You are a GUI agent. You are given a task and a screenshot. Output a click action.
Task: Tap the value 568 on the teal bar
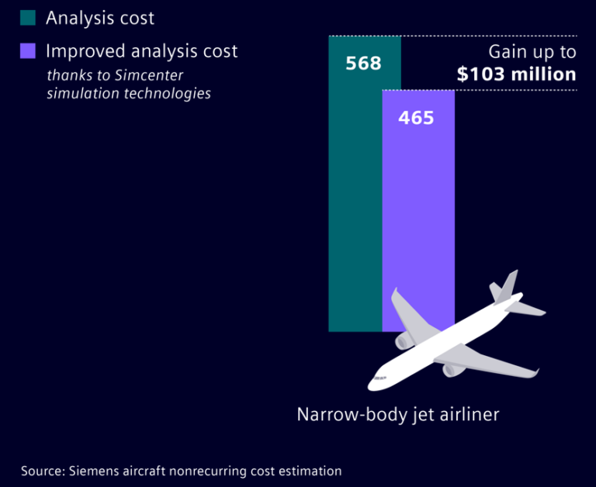[x=363, y=63]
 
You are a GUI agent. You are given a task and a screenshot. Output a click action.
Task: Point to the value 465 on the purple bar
[x=416, y=118]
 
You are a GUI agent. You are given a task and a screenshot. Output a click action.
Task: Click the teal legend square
[x=28, y=18]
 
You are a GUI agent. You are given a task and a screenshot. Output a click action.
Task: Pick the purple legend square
[x=28, y=51]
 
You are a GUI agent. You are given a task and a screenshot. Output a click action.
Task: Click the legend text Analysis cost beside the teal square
[x=100, y=18]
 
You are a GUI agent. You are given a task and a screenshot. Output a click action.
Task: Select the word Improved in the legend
[x=81, y=51]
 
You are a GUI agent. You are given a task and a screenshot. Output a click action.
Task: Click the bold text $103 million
[x=516, y=74]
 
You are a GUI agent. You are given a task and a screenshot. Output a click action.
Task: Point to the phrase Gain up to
[x=532, y=52]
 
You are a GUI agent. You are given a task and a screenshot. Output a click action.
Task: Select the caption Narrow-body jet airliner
[x=397, y=414]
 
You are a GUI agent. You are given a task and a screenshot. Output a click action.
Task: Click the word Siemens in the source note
[x=95, y=471]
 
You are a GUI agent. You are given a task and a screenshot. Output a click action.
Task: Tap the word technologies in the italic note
[x=174, y=93]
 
